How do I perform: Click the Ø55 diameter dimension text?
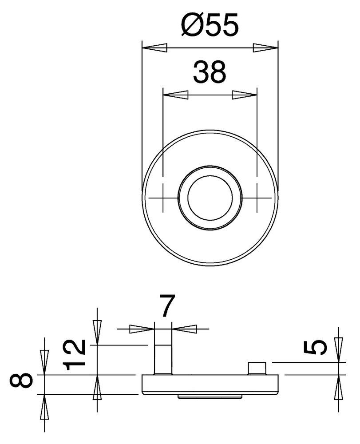point(210,25)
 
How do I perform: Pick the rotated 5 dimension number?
point(316,348)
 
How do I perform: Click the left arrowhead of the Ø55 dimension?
point(154,47)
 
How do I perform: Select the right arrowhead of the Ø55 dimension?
point(265,47)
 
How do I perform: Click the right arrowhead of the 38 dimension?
point(245,94)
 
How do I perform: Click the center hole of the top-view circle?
point(210,198)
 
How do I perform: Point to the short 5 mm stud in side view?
point(257,368)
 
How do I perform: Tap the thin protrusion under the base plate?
point(210,395)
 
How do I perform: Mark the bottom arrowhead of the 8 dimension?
point(44,406)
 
